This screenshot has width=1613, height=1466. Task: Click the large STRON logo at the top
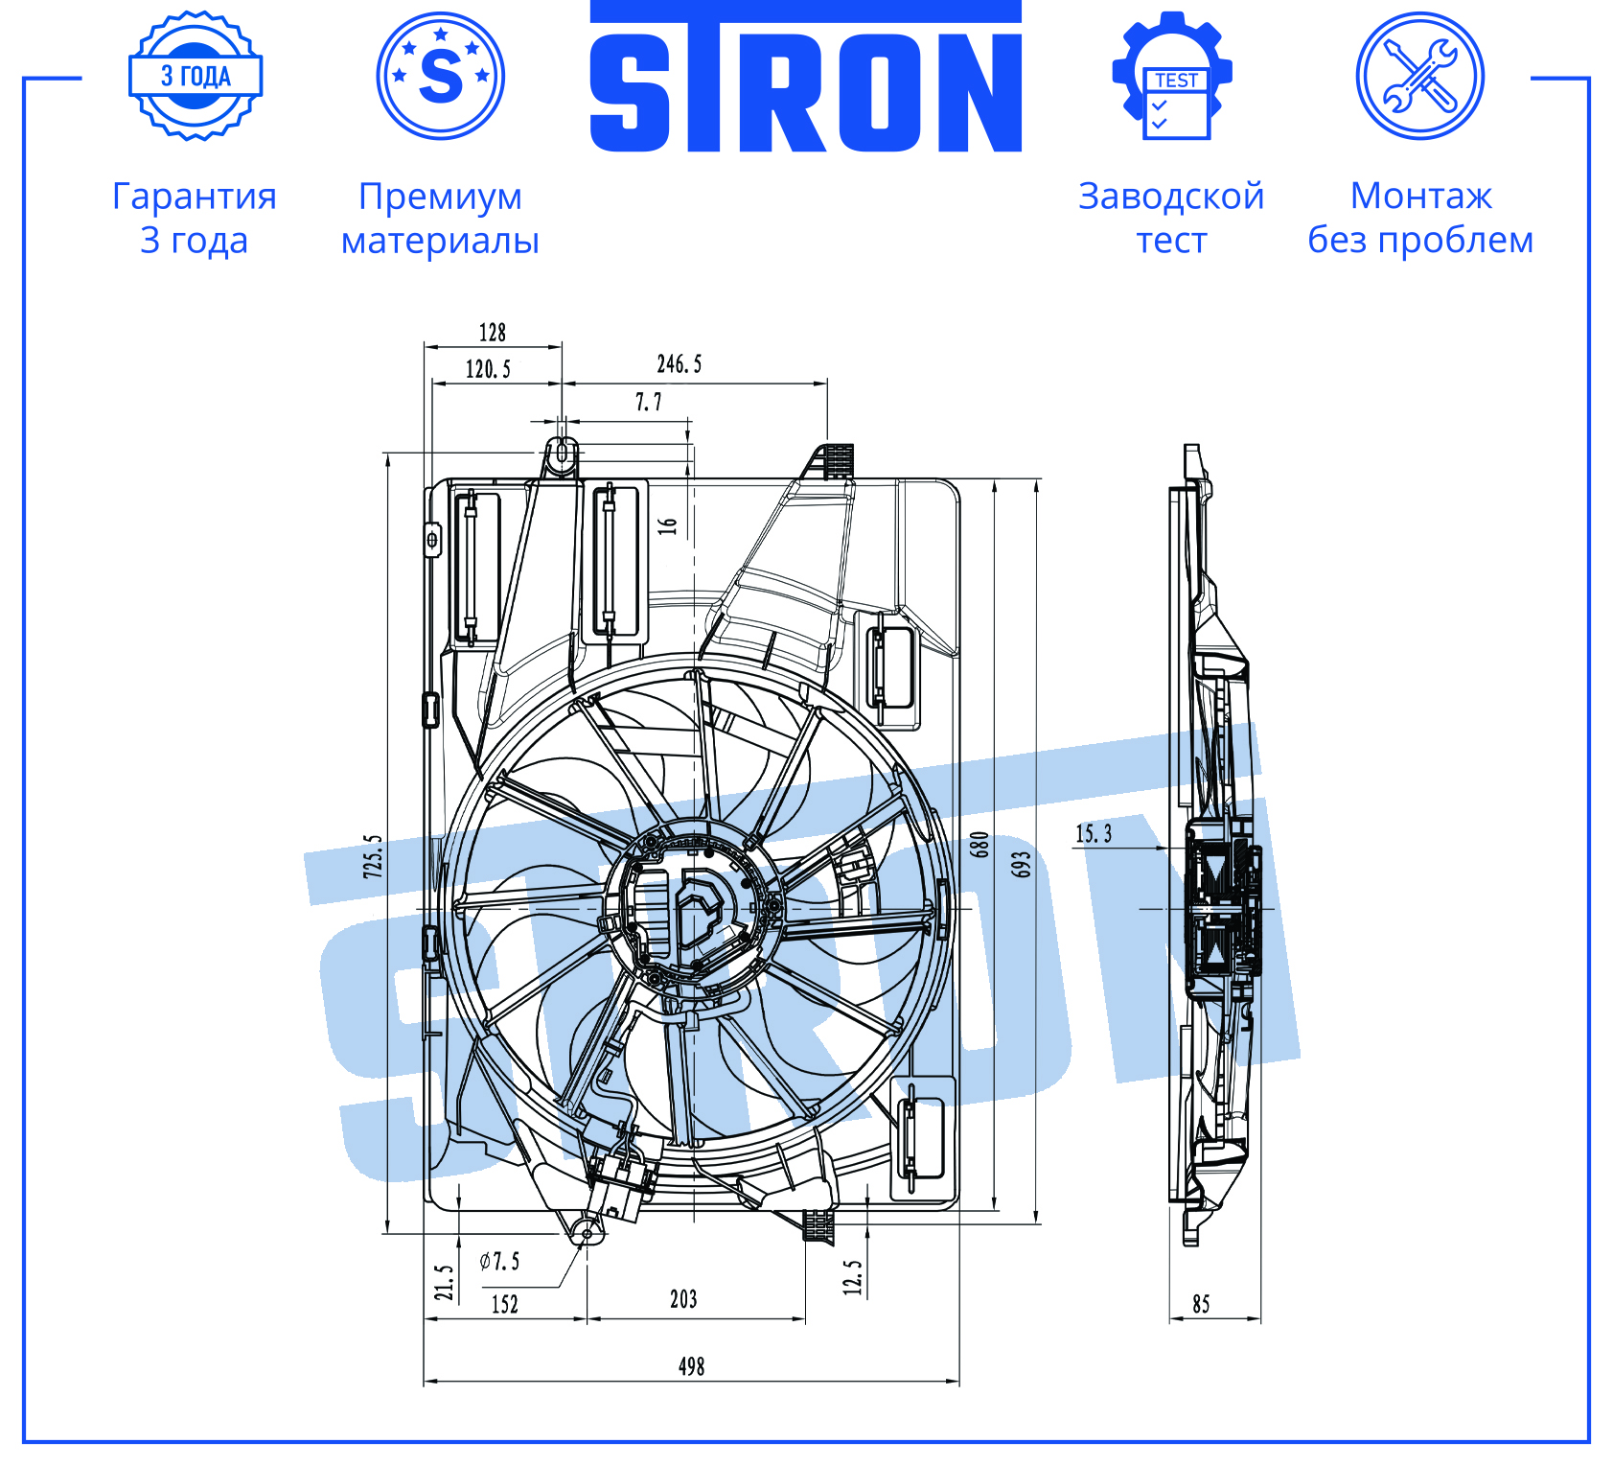[x=805, y=77]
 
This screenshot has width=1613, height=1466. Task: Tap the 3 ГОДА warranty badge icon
[x=196, y=76]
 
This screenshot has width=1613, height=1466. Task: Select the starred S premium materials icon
[x=441, y=76]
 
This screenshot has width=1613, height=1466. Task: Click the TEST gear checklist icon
[x=1171, y=76]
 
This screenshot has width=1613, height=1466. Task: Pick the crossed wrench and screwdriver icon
[x=1420, y=76]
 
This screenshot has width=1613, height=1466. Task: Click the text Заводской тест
[x=1171, y=218]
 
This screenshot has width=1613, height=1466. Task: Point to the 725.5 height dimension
[x=373, y=856]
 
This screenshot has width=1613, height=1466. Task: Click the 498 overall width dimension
[x=691, y=1366]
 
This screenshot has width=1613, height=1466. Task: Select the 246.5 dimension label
[x=680, y=364]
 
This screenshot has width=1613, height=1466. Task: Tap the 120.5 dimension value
[x=489, y=369]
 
